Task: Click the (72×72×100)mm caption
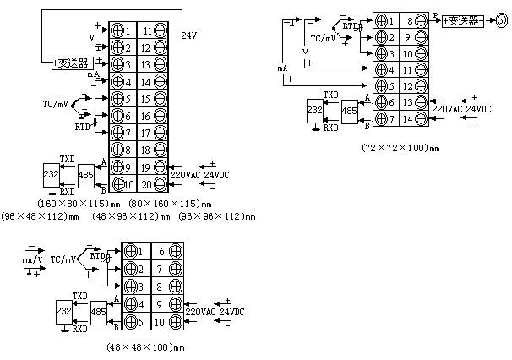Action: click(400, 147)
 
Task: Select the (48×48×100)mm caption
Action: click(144, 347)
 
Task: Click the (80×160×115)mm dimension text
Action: click(169, 204)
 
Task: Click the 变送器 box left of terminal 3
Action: click(73, 63)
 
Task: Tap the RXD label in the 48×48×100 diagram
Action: click(79, 329)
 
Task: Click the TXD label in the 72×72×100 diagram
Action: click(330, 95)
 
